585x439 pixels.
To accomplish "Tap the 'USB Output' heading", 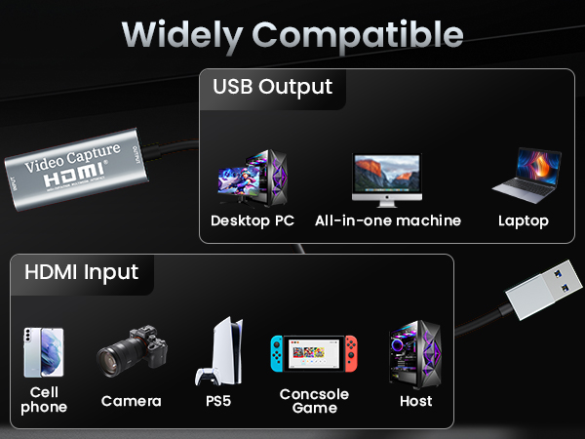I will point(272,86).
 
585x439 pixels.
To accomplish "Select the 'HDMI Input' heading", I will point(81,272).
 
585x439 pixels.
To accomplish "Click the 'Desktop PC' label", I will point(252,220).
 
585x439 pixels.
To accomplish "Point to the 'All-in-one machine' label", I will point(387,220).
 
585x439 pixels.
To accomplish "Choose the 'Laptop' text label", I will point(523,220).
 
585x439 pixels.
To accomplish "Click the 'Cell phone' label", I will point(44,399).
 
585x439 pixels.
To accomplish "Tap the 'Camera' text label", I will point(132,401).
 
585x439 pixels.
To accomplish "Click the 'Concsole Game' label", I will point(314,400).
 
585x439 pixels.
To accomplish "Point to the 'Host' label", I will point(415,401).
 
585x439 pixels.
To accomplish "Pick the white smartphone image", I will point(38,352).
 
